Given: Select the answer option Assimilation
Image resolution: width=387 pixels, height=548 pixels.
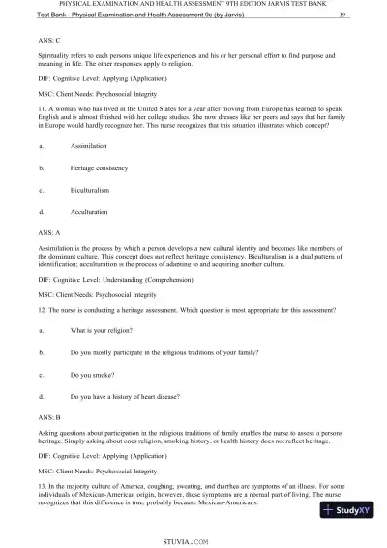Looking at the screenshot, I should pos(90,145).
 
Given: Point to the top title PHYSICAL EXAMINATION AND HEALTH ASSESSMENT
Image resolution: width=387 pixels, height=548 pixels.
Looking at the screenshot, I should pos(193,4).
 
